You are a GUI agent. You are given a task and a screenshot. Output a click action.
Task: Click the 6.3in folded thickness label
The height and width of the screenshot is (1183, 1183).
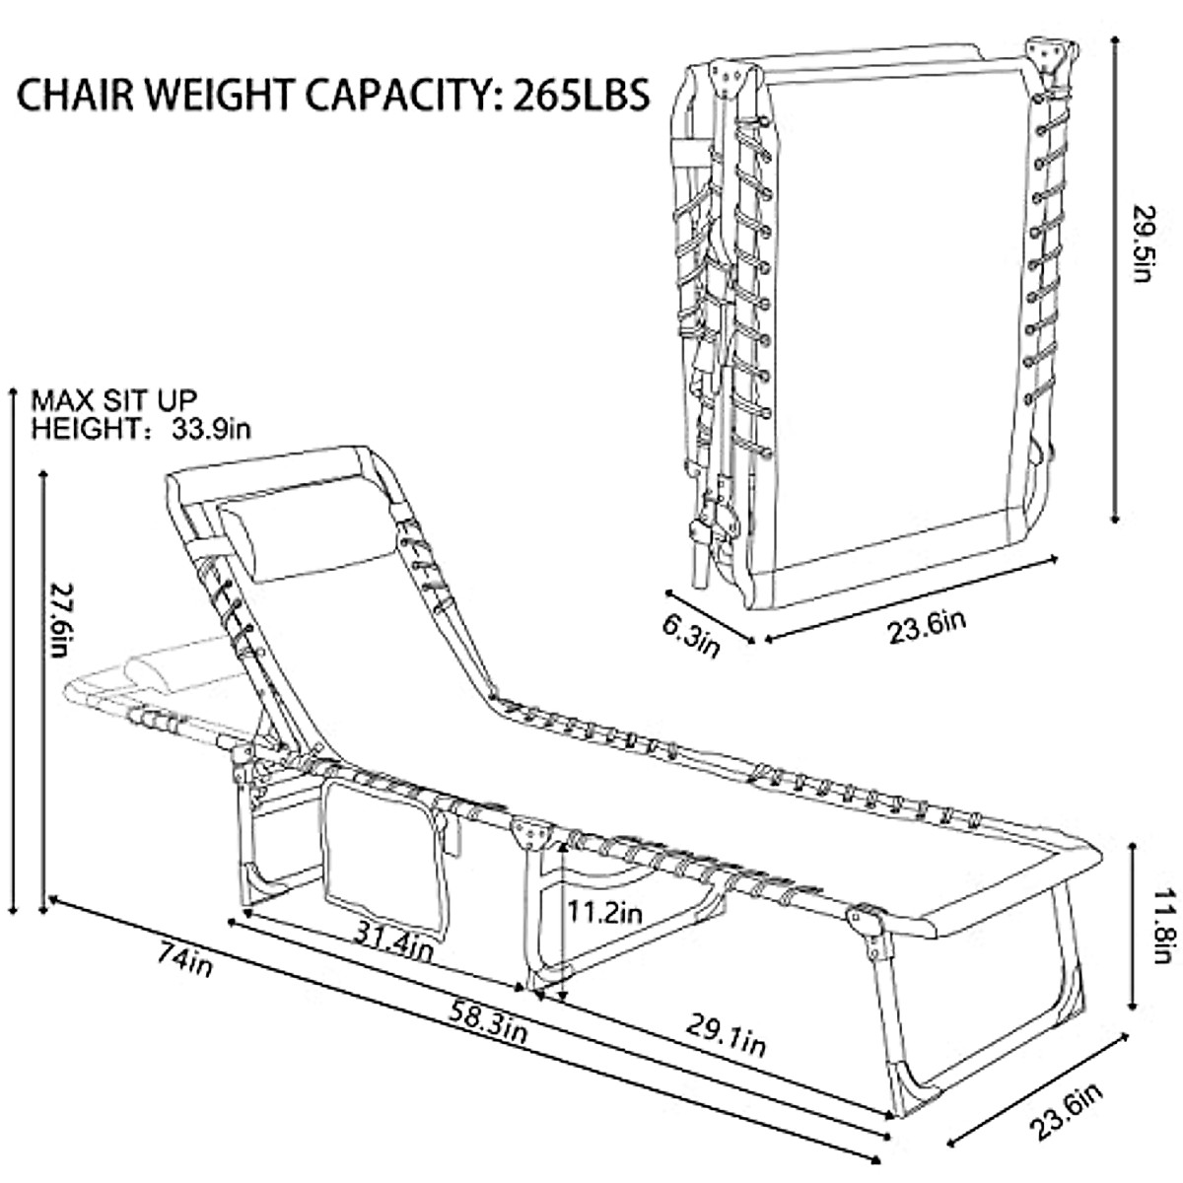(x=694, y=633)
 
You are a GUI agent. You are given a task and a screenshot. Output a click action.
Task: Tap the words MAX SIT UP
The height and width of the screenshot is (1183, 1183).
(x=114, y=401)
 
